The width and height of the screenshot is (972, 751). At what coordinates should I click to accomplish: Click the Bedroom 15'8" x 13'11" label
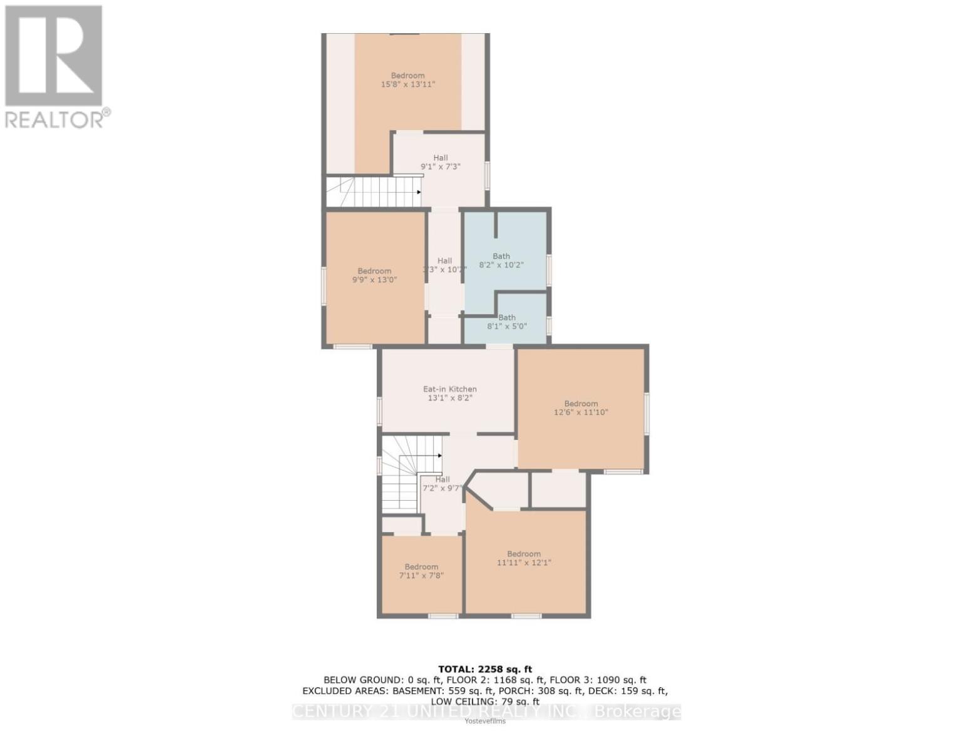click(x=407, y=79)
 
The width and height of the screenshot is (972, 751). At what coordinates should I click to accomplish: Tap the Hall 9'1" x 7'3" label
click(x=441, y=163)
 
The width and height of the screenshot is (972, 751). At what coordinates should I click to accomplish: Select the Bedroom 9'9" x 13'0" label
click(x=374, y=275)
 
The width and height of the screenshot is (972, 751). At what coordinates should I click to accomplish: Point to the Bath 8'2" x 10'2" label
click(x=501, y=260)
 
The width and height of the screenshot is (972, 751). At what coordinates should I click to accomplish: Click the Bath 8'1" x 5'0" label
click(x=506, y=322)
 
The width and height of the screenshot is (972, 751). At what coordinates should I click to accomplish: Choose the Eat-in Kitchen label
click(x=449, y=393)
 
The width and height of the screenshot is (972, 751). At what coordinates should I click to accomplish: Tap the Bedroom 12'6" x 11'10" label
click(x=581, y=408)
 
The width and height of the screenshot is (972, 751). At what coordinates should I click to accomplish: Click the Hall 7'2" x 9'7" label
click(x=443, y=484)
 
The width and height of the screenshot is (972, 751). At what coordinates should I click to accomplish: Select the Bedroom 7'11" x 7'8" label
click(x=421, y=571)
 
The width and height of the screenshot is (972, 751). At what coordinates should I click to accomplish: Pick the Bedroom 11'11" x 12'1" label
click(x=524, y=558)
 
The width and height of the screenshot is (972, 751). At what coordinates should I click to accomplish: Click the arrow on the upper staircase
click(x=418, y=192)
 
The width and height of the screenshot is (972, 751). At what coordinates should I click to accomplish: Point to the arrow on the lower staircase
click(x=439, y=456)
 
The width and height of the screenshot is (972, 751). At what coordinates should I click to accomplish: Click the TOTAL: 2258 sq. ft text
click(x=485, y=669)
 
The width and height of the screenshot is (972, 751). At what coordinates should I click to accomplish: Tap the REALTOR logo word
click(x=55, y=119)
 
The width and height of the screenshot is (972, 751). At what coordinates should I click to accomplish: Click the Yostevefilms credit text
click(x=485, y=721)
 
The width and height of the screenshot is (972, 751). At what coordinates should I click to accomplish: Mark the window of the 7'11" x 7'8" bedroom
click(x=443, y=616)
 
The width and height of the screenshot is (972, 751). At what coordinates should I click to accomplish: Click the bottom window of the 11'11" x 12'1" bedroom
click(x=526, y=616)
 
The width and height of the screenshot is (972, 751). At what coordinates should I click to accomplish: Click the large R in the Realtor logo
click(x=54, y=55)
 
